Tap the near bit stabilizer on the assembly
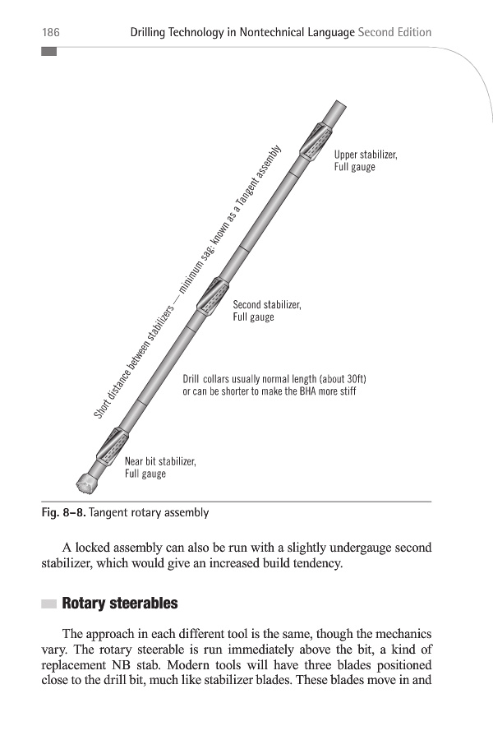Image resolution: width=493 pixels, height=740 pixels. [108, 448]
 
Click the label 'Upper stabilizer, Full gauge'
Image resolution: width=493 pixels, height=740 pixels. [366, 161]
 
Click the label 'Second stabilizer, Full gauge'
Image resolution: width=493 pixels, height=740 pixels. [267, 311]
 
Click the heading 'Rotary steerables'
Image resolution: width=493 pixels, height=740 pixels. [120, 604]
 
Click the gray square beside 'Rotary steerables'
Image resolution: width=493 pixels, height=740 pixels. [48, 604]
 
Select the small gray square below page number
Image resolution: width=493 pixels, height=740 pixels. [48, 51]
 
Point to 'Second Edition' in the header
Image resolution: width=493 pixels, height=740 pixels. [395, 33]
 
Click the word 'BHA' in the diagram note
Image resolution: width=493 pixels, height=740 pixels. [308, 391]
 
